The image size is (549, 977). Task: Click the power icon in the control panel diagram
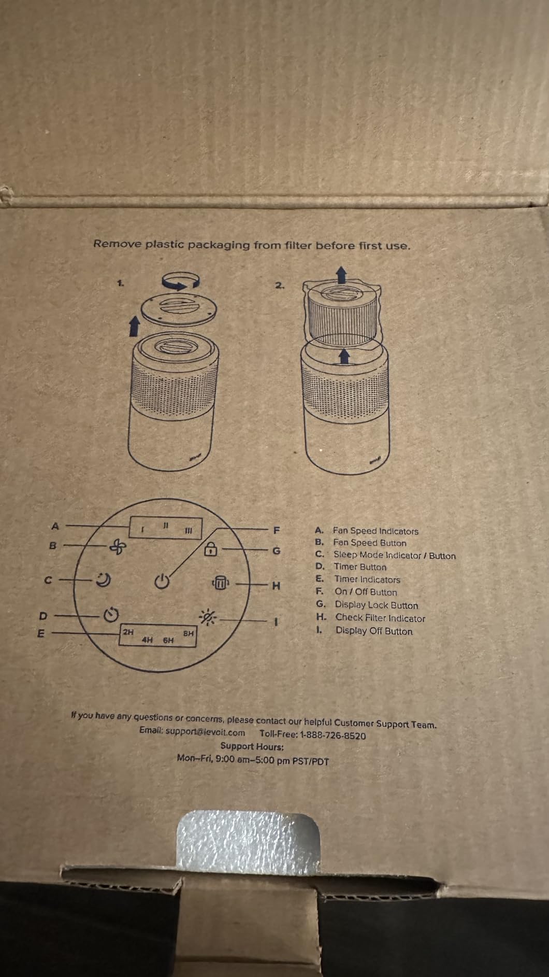[x=162, y=582]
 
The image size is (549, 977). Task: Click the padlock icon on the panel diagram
[x=210, y=548]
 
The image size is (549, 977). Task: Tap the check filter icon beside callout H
[x=220, y=583]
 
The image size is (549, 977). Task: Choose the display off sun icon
[x=210, y=617]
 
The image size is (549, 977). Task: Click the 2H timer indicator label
[x=128, y=632]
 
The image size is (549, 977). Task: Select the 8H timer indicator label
[x=189, y=633]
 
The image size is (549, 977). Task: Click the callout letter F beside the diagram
[x=277, y=530]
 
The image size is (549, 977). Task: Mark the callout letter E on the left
[x=41, y=633]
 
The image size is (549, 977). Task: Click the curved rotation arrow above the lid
[x=181, y=280]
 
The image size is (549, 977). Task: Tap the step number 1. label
[x=120, y=283]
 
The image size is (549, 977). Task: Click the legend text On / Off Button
[x=366, y=592]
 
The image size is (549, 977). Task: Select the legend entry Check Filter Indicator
[x=380, y=618]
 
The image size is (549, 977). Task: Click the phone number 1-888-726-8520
[x=333, y=735]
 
